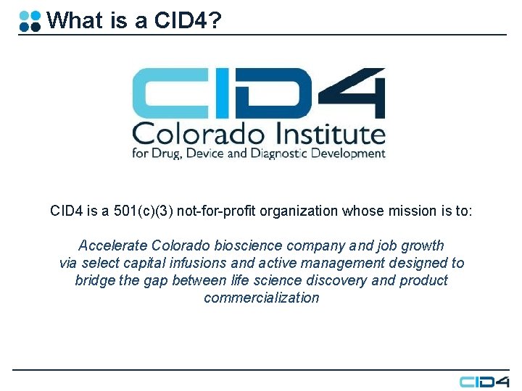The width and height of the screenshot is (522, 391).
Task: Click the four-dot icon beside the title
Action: (30, 20)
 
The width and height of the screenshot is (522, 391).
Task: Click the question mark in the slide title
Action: (212, 20)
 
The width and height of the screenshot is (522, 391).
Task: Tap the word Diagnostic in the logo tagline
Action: (297, 154)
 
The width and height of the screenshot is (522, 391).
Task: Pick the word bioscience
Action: (275, 245)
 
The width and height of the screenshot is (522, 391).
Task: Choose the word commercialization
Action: (261, 298)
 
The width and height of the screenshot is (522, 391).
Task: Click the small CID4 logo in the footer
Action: (484, 381)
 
